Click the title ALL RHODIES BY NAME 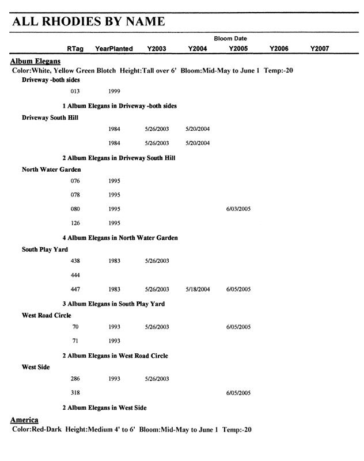pyautogui.click(x=89, y=22)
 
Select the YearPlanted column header pyautogui.click(x=114, y=49)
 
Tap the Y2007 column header pyautogui.click(x=319, y=49)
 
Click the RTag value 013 pyautogui.click(x=75, y=92)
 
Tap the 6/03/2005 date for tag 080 pyautogui.click(x=238, y=209)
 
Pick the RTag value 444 pyautogui.click(x=75, y=275)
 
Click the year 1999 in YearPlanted pyautogui.click(x=114, y=92)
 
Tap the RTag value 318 pyautogui.click(x=75, y=394)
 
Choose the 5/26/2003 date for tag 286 pyautogui.click(x=157, y=379)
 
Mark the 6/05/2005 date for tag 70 pyautogui.click(x=238, y=327)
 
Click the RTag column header pyautogui.click(x=75, y=49)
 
